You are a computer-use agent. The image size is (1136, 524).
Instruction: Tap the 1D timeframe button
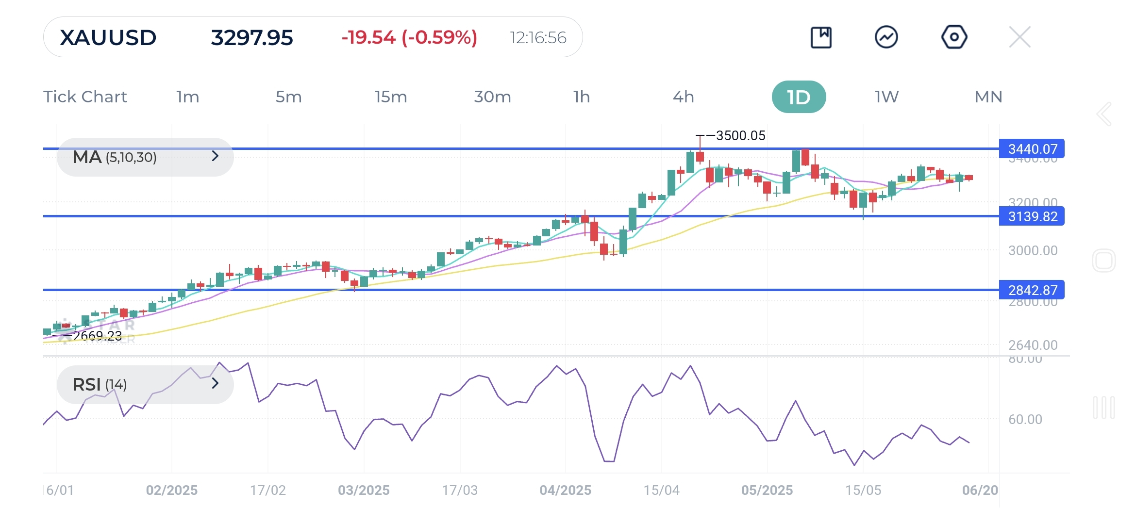(x=799, y=97)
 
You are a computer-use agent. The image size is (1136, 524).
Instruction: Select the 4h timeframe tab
(x=683, y=97)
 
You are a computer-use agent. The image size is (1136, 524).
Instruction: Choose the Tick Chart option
(x=85, y=97)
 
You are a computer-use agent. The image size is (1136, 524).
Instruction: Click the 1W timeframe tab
(x=886, y=97)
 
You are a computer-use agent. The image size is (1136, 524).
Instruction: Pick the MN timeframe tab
(x=988, y=97)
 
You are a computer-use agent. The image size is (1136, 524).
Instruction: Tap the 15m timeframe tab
(x=390, y=97)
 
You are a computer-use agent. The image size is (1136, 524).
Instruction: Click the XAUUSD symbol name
(x=108, y=38)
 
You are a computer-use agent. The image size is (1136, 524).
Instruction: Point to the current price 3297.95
(x=252, y=38)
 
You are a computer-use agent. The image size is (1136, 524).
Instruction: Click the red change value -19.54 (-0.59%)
(x=409, y=38)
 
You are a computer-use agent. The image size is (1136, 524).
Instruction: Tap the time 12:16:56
(x=538, y=38)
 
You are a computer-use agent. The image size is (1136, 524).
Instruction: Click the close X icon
(x=1019, y=37)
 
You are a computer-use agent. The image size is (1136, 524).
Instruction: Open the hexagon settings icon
(x=954, y=37)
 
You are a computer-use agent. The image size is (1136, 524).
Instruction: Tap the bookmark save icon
(x=821, y=37)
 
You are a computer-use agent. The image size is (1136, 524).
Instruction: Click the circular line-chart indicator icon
(x=886, y=37)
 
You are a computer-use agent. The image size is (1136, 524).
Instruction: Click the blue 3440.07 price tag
(x=1032, y=149)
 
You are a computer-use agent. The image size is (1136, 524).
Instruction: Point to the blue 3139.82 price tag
(x=1032, y=216)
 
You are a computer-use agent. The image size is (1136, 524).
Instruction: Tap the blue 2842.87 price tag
(x=1032, y=290)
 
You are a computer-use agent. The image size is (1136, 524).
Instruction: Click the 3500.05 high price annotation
(x=740, y=136)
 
